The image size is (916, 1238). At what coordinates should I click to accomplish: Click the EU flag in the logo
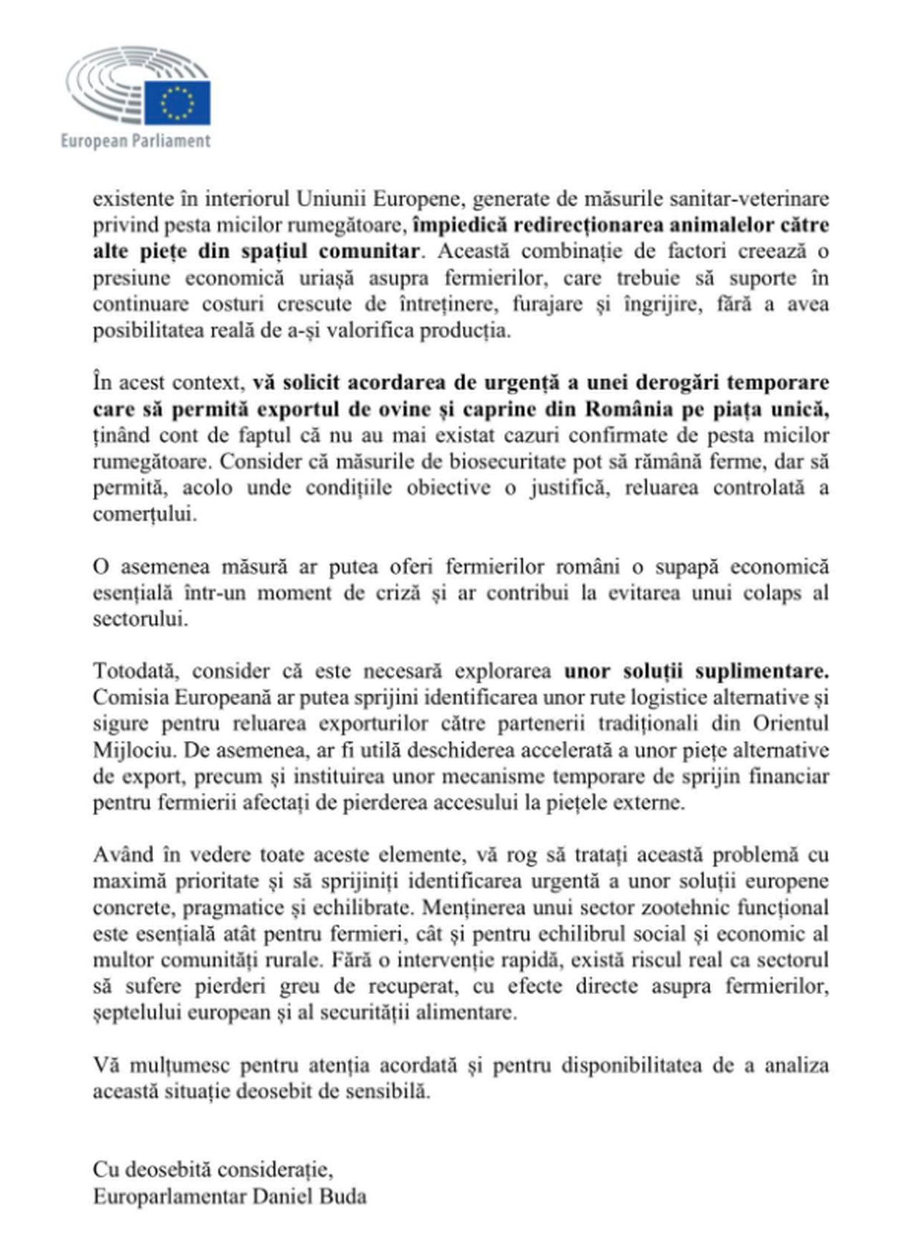(177, 102)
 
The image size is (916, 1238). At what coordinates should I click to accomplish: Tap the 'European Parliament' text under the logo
(135, 141)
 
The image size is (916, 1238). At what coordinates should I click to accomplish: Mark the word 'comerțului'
(144, 514)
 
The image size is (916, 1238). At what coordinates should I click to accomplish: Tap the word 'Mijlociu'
(126, 750)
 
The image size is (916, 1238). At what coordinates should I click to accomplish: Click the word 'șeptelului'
(139, 1013)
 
